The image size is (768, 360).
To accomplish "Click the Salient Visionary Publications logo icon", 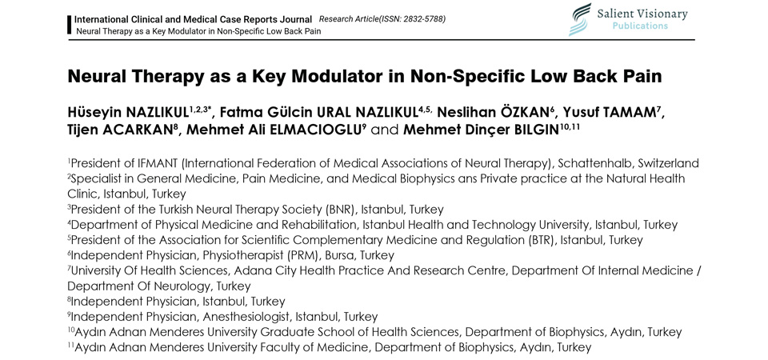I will click(x=578, y=19).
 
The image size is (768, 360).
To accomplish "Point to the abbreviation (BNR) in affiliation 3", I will click(x=338, y=210).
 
